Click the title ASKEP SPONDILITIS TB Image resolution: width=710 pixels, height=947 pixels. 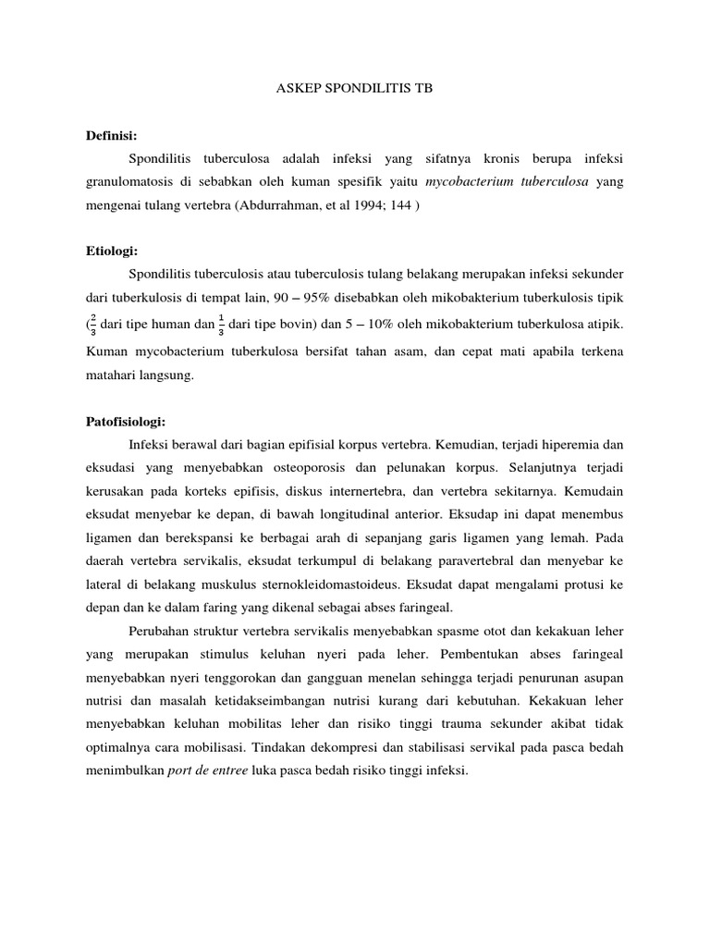(x=355, y=89)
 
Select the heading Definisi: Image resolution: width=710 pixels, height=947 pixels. (x=111, y=134)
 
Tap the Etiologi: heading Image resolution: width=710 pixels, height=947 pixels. (x=112, y=225)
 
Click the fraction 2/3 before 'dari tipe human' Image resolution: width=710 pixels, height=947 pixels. (x=92, y=324)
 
